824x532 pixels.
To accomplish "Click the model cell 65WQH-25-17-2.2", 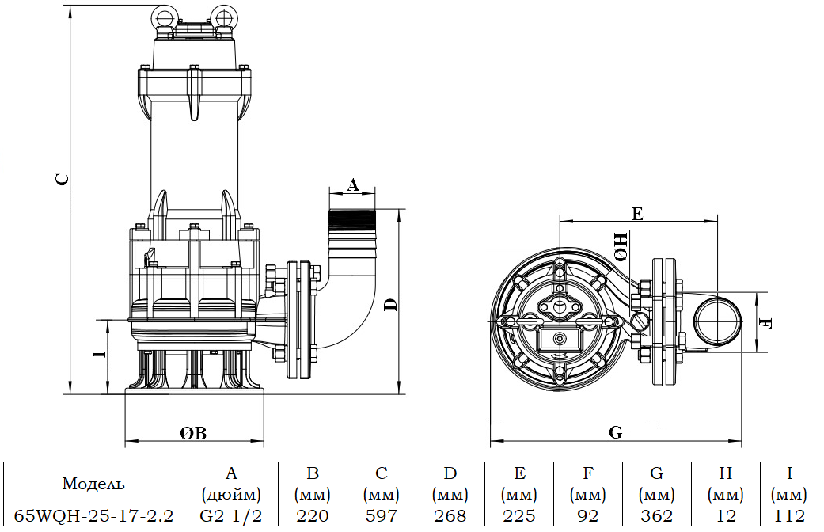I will pyautogui.click(x=93, y=516).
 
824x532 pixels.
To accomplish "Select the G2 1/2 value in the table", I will pyautogui.click(x=231, y=516).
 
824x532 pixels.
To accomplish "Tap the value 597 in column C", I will pyautogui.click(x=382, y=516).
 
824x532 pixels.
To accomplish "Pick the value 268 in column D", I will pyautogui.click(x=450, y=516).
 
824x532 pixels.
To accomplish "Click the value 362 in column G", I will pyautogui.click(x=656, y=516).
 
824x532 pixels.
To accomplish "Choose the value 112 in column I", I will pyautogui.click(x=790, y=516).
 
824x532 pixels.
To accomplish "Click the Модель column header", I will pyautogui.click(x=93, y=484).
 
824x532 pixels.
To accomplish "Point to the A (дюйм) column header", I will pyautogui.click(x=231, y=484).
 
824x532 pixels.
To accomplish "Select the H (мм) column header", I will pyautogui.click(x=725, y=484).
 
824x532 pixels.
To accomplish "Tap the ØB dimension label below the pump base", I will pyautogui.click(x=192, y=433).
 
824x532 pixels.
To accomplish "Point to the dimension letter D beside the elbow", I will pyautogui.click(x=389, y=305).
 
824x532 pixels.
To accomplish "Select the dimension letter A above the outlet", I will pyautogui.click(x=353, y=185).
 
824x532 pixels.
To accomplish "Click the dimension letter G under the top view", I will pyautogui.click(x=615, y=432).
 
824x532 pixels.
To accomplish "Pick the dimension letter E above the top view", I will pyautogui.click(x=637, y=213).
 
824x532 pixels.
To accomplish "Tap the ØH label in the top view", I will pyautogui.click(x=621, y=246).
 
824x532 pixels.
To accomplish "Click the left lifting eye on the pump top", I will pyautogui.click(x=168, y=18).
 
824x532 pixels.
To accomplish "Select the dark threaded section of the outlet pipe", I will pyautogui.click(x=353, y=218).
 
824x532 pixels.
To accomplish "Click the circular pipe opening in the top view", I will pyautogui.click(x=717, y=322).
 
